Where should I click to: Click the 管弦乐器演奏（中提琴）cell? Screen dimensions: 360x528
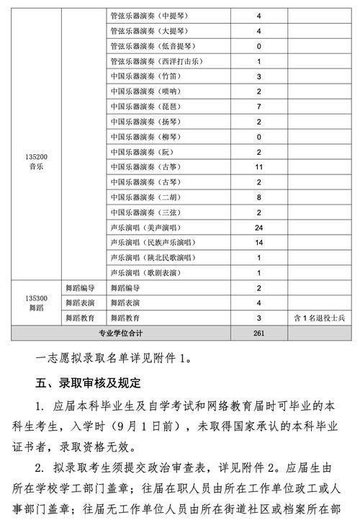pyautogui.click(x=149, y=15)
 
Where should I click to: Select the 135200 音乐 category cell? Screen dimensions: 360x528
pyautogui.click(x=35, y=160)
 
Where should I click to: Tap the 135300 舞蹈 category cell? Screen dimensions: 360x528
pyautogui.click(x=35, y=302)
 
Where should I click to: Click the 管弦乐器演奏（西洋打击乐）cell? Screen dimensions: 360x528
pyautogui.click(x=156, y=61)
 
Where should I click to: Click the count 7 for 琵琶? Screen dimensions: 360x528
pyautogui.click(x=258, y=106)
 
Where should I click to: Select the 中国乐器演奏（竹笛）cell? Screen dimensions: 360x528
pyautogui.click(x=145, y=76)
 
